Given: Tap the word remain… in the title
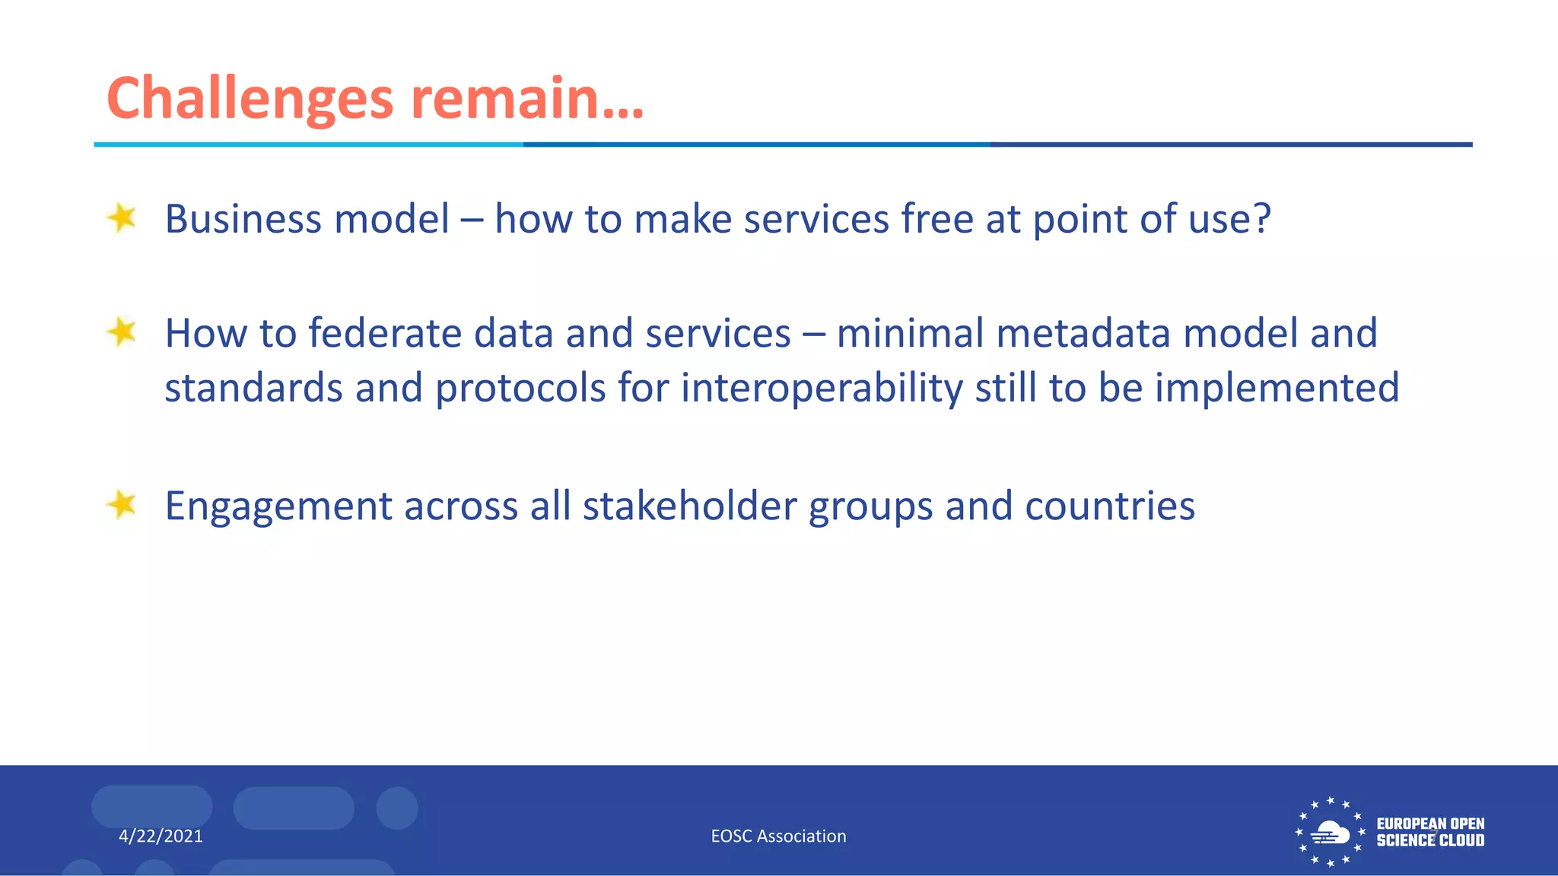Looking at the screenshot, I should [x=526, y=99].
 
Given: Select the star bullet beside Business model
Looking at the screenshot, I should [x=122, y=218].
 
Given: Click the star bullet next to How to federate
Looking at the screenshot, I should [x=122, y=332].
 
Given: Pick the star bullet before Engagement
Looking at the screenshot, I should [x=122, y=505].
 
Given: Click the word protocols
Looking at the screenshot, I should [x=520, y=389].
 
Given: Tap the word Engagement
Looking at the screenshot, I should [x=278, y=507].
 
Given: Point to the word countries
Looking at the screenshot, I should [x=1109, y=506].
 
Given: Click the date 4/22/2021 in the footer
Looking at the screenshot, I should [x=161, y=836].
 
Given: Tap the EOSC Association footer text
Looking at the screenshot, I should [x=778, y=836].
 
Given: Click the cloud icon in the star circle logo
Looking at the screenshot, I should [x=1330, y=833].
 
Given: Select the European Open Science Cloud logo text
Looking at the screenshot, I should [x=1430, y=832].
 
